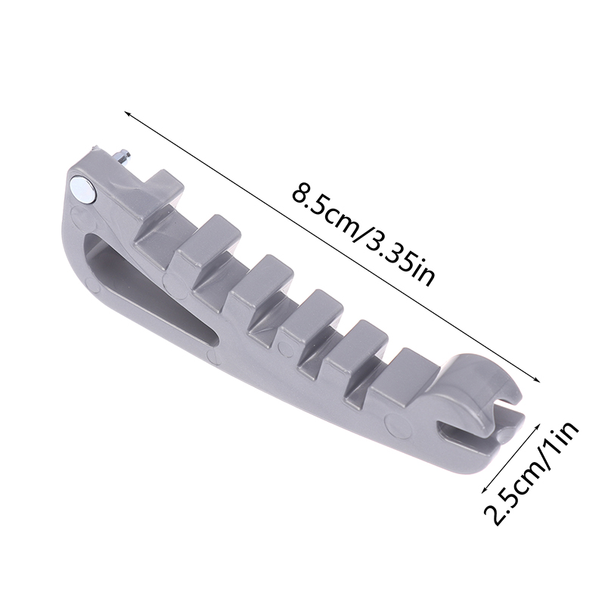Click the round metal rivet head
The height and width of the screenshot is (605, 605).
click(x=84, y=188)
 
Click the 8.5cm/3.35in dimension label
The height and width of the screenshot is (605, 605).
click(x=363, y=235)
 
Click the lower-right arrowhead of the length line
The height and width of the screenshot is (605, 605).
click(x=535, y=380)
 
